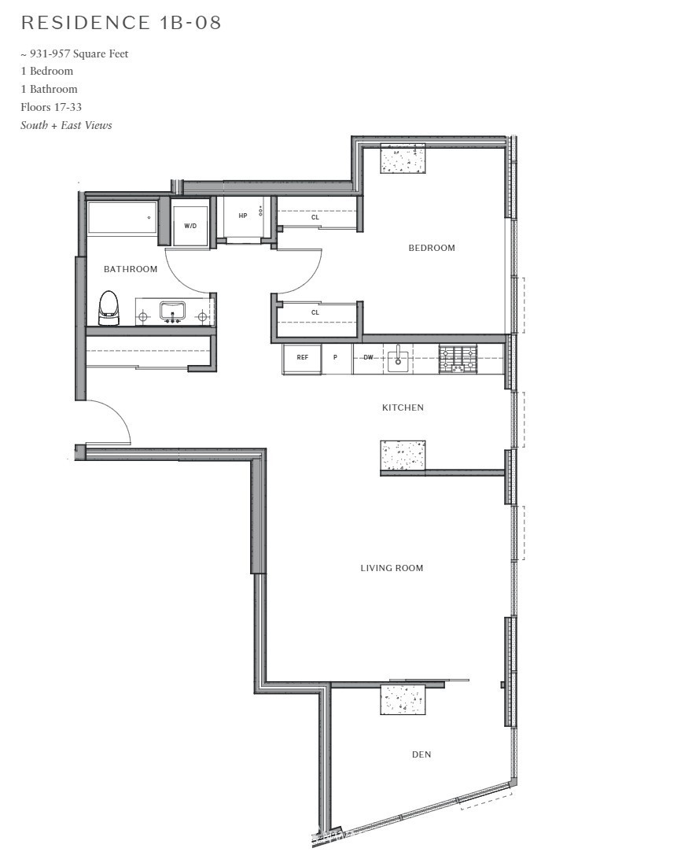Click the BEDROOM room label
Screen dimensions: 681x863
[432, 249]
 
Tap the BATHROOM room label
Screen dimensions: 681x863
[131, 269]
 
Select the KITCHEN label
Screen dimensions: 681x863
[403, 408]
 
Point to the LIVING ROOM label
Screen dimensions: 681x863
[392, 568]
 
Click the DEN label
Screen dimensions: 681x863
[421, 754]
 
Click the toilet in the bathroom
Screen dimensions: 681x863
[109, 308]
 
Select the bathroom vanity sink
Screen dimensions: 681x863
[172, 311]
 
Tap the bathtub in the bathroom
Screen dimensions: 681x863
[122, 219]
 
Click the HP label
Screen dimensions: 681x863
[242, 216]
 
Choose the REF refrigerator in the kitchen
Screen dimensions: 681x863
[302, 358]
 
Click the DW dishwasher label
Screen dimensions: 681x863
[368, 358]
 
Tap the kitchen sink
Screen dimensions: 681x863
[398, 360]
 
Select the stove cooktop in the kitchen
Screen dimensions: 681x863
[458, 359]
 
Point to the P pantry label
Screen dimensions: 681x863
[335, 358]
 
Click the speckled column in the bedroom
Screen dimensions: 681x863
[403, 158]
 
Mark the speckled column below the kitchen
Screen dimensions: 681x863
[403, 455]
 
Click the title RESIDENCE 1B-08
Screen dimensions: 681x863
[121, 23]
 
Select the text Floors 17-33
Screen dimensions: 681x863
[51, 107]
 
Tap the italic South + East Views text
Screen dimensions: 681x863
[66, 126]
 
